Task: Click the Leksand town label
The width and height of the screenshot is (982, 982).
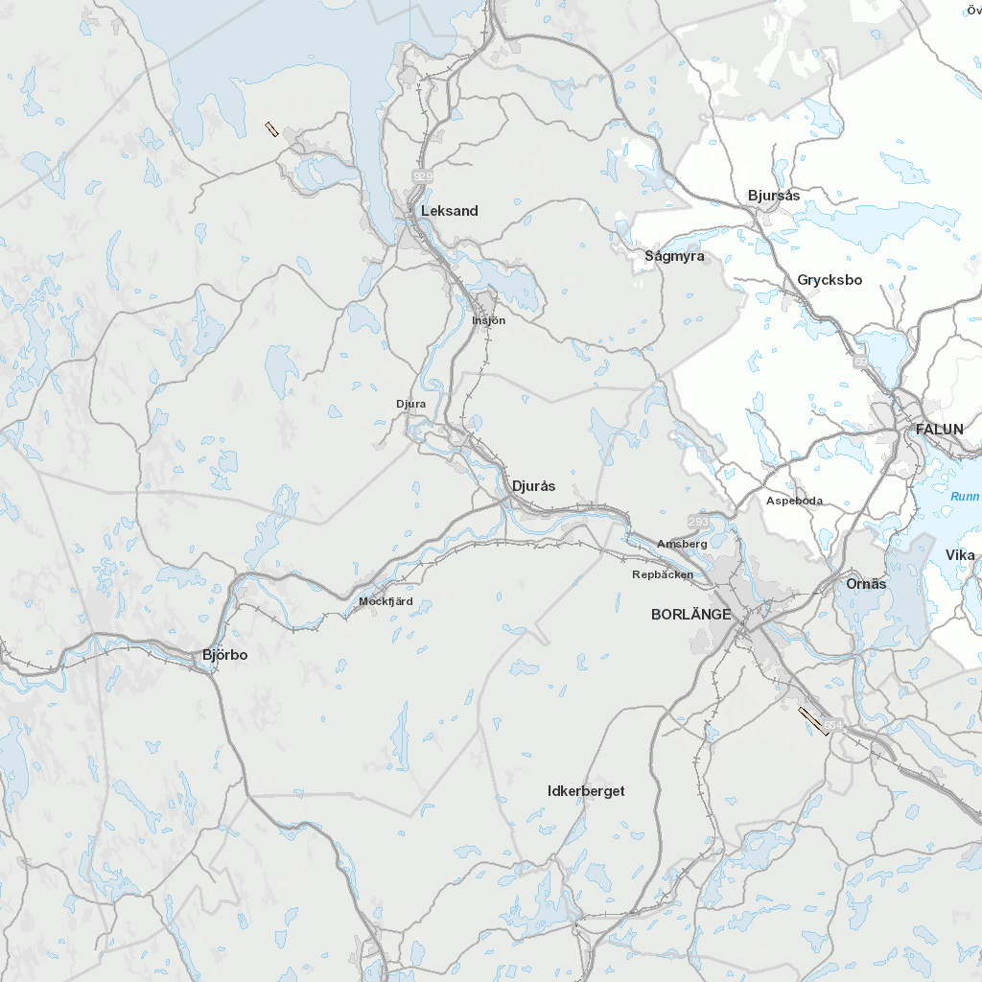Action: click(x=449, y=211)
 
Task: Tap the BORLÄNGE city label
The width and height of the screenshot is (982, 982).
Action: click(x=690, y=614)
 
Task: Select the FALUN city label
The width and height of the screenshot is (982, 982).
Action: click(x=939, y=429)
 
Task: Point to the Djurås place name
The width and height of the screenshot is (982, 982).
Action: click(x=534, y=486)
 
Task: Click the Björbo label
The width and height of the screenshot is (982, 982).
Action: click(x=224, y=655)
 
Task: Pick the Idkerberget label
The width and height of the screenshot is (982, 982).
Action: click(x=586, y=791)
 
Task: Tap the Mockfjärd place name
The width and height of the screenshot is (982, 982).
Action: click(x=386, y=602)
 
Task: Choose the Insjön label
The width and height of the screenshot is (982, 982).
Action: click(x=488, y=320)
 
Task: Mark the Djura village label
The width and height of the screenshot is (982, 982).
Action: click(x=410, y=404)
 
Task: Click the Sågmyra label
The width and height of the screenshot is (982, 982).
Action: click(x=674, y=256)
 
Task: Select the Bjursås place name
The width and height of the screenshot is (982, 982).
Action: click(x=773, y=196)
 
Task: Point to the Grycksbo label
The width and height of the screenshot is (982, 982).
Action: click(x=830, y=280)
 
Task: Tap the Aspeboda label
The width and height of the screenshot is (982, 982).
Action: click(x=794, y=501)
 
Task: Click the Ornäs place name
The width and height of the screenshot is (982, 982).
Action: click(x=866, y=584)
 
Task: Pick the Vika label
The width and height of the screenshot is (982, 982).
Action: click(x=960, y=555)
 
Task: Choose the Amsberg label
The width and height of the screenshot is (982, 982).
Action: click(x=682, y=544)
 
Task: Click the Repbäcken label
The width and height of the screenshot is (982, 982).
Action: click(x=663, y=574)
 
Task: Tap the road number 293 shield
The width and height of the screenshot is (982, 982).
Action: click(x=698, y=521)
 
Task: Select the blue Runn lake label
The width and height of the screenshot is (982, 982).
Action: click(x=965, y=496)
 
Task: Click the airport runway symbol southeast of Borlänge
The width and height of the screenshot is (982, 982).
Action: click(x=813, y=721)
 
